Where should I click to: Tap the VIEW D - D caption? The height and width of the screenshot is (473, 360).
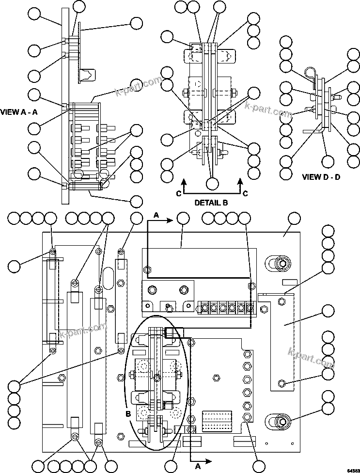(x=321, y=177)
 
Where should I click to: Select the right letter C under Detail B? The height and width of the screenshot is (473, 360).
(x=245, y=193)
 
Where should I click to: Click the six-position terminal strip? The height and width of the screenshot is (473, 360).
(x=226, y=307)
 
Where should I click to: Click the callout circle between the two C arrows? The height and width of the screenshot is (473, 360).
(x=212, y=184)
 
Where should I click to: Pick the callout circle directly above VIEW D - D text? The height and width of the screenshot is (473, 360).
(x=328, y=161)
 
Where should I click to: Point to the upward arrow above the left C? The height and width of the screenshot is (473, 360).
(x=184, y=182)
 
